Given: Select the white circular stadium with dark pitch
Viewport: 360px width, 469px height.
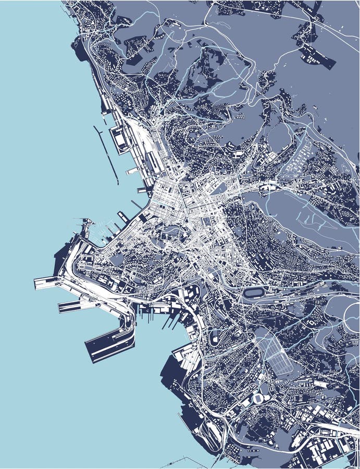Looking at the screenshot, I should pos(258,399).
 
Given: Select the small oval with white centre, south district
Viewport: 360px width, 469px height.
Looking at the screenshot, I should pos(214,338).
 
